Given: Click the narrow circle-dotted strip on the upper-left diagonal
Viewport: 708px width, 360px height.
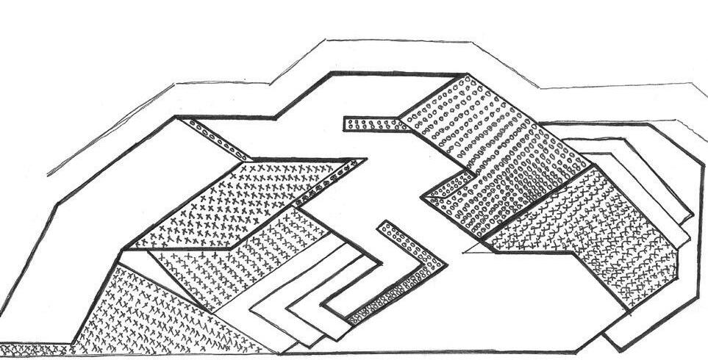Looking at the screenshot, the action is [218, 140].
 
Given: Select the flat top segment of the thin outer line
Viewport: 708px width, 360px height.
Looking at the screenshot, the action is [397, 42].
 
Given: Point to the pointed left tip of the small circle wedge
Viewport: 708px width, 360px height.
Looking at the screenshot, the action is [425, 197].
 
